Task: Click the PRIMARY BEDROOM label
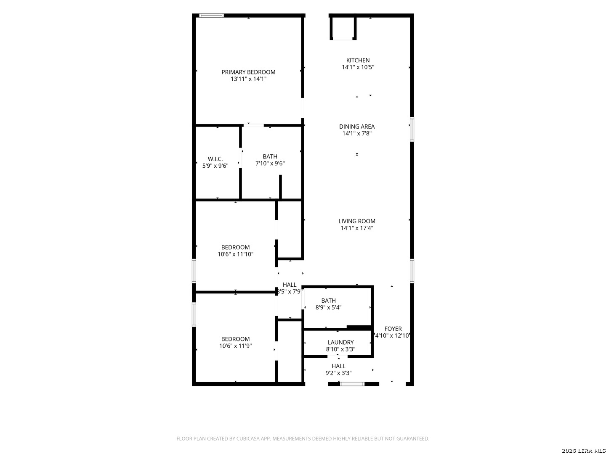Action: coord(248,72)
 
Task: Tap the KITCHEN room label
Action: coord(358,60)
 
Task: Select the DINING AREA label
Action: coord(357,127)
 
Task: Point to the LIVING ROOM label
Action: coord(357,221)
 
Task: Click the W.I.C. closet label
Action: coord(215,159)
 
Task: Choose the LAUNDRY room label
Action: coord(340,342)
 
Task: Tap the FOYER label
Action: coord(393,329)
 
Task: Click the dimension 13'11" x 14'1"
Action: coord(248,79)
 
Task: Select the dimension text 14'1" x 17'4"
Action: coord(357,228)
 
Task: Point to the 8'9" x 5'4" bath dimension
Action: coord(328,307)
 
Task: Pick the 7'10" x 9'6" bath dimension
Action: coord(270,164)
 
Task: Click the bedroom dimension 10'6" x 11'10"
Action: coord(235,254)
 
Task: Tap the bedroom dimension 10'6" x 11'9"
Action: coord(235,346)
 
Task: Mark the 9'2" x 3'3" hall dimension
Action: coord(338,373)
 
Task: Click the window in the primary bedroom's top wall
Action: coord(211,16)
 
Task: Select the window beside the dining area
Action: coord(412,129)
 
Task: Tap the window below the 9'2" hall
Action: coord(352,384)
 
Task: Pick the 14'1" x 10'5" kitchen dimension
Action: coord(358,67)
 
